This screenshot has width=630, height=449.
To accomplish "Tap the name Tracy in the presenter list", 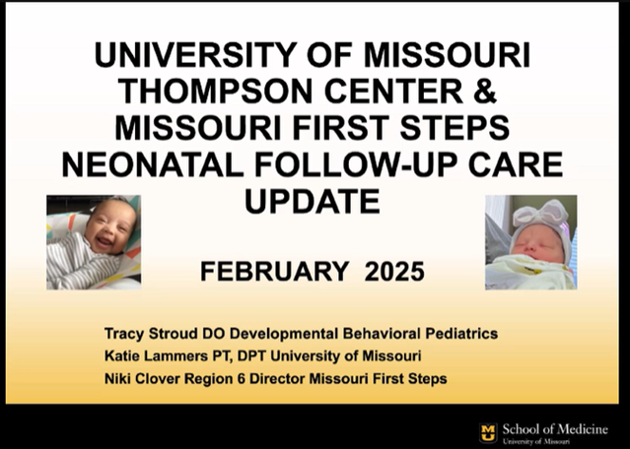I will pyautogui.click(x=129, y=334).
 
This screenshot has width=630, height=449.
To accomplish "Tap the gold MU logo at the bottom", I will pyautogui.click(x=488, y=431).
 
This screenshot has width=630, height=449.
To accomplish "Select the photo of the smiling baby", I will pyautogui.click(x=93, y=241).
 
